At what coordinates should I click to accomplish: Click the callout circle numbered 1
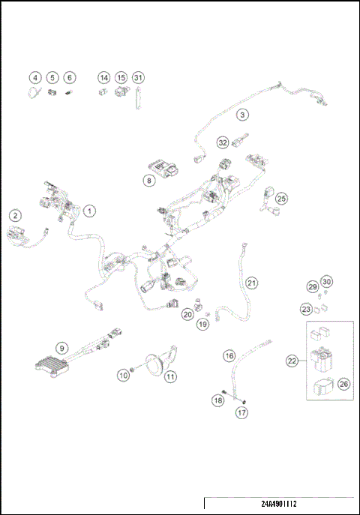(89, 211)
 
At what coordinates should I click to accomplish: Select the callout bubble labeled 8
(149, 181)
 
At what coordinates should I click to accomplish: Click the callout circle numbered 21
(251, 283)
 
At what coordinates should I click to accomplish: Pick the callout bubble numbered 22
(292, 361)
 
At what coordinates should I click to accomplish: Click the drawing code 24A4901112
(279, 504)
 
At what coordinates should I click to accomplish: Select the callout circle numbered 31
(138, 78)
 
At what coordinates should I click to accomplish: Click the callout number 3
(242, 115)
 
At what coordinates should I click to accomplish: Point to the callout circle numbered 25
(281, 199)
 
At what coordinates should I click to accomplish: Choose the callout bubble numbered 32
(223, 142)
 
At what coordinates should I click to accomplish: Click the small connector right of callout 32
(241, 140)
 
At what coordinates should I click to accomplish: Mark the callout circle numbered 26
(343, 384)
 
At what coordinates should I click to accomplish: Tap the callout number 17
(242, 412)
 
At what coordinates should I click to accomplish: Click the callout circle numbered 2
(15, 215)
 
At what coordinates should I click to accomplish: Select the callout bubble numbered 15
(121, 78)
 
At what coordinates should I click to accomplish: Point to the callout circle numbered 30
(326, 281)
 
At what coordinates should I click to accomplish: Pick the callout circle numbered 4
(35, 78)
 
